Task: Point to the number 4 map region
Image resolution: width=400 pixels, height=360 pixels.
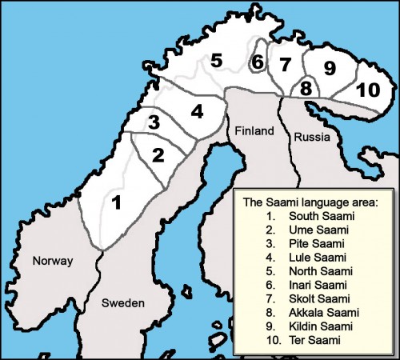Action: (x=197, y=110)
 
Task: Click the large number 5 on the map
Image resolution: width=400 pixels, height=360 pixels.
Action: (x=216, y=60)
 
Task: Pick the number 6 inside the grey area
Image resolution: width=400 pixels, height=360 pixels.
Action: (x=257, y=62)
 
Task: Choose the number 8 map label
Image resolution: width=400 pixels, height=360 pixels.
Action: (x=306, y=88)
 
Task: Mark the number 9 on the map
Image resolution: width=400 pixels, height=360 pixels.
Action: (x=330, y=69)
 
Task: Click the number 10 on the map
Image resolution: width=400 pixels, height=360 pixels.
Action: (x=367, y=90)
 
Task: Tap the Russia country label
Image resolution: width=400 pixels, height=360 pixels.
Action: (x=312, y=138)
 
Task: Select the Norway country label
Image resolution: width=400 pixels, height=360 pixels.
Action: (x=52, y=262)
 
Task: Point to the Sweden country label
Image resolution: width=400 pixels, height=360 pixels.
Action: (x=123, y=303)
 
